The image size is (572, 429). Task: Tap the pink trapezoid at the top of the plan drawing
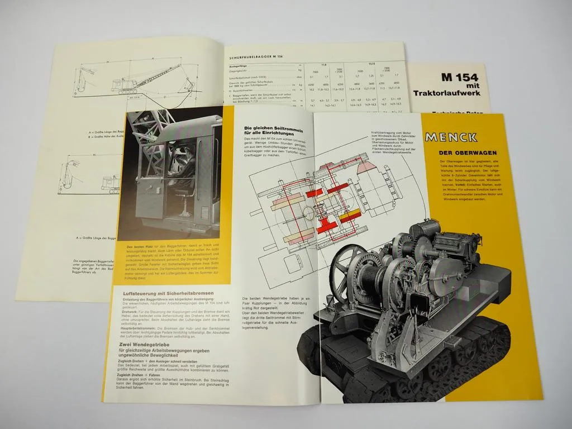click(348, 167)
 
